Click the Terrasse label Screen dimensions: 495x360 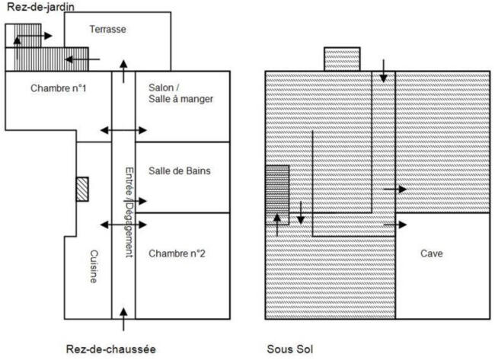(107, 30)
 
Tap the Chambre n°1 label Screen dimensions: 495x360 (59, 88)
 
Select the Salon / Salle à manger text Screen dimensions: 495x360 (181, 93)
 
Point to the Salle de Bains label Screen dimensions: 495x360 (180, 170)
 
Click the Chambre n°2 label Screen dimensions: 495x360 (177, 253)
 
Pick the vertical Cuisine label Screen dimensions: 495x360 (94, 266)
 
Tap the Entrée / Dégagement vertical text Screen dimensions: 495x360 (129, 212)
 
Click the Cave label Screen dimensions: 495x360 (432, 253)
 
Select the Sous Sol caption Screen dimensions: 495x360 (290, 349)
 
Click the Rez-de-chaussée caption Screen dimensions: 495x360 (111, 349)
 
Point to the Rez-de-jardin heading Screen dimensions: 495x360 (40, 7)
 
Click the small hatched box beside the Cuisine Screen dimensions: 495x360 (82, 189)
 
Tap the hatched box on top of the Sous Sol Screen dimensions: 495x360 (342, 59)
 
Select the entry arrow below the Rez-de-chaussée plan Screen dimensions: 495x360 (123, 320)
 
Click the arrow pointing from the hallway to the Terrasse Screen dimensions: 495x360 (123, 72)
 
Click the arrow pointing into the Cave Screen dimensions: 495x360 (395, 225)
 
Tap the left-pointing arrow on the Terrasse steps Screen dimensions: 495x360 (82, 59)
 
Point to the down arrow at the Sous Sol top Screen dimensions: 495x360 (383, 71)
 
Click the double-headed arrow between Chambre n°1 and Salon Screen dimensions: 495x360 (123, 130)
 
